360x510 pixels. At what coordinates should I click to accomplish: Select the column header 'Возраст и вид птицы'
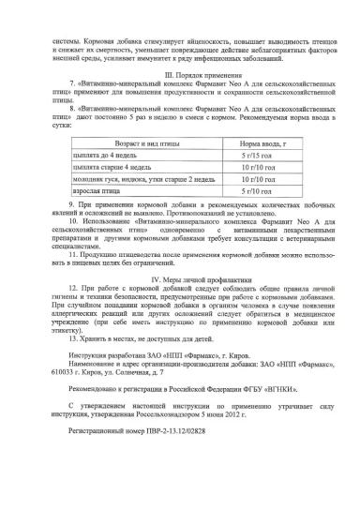127,144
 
